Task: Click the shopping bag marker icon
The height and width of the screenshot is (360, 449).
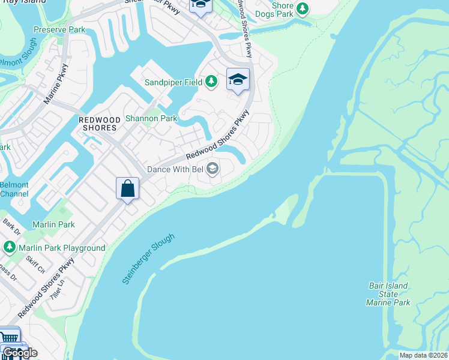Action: click(x=128, y=189)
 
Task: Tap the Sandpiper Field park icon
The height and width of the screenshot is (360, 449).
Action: click(x=211, y=81)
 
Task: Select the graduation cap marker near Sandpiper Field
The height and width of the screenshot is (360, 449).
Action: click(x=238, y=79)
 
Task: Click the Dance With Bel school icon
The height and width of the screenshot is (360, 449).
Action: click(x=212, y=169)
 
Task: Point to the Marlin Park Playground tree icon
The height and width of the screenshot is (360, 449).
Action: click(x=9, y=247)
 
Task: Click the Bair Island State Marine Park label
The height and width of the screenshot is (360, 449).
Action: click(x=388, y=294)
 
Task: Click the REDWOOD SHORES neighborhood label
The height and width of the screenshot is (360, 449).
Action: click(x=100, y=124)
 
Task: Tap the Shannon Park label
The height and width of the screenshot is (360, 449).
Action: click(x=151, y=118)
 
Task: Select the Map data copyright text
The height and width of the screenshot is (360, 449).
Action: click(x=423, y=355)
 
